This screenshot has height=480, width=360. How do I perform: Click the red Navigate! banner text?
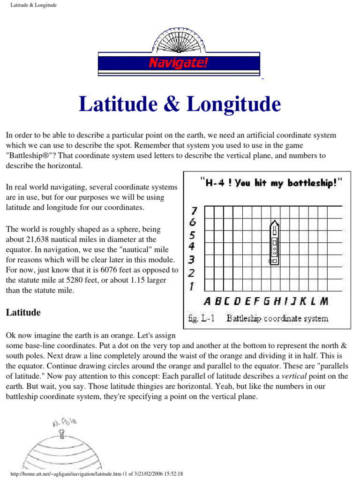tap(178, 62)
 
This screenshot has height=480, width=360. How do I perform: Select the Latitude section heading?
tap(23, 312)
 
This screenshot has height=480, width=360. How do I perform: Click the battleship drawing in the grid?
tap(274, 242)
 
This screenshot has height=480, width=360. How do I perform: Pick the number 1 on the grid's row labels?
tap(192, 285)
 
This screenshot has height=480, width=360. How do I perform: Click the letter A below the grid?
tap(208, 301)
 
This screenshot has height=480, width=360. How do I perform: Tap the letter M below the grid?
tap(324, 301)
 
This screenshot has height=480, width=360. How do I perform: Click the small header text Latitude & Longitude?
tap(33, 5)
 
